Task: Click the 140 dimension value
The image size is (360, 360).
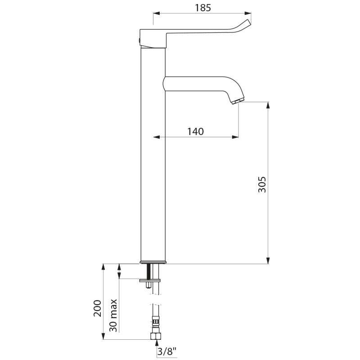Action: (x=196, y=131)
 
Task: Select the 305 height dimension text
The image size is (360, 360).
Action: (x=262, y=184)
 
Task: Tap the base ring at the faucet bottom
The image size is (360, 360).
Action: (x=153, y=262)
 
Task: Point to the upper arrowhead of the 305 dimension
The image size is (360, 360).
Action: (x=269, y=105)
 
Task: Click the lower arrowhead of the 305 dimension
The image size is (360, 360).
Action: (x=269, y=260)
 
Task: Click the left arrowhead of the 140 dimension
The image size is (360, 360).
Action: (x=157, y=137)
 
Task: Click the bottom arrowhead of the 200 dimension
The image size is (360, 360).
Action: (x=104, y=336)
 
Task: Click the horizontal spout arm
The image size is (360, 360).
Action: (x=198, y=83)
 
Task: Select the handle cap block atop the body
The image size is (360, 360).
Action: (x=153, y=39)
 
